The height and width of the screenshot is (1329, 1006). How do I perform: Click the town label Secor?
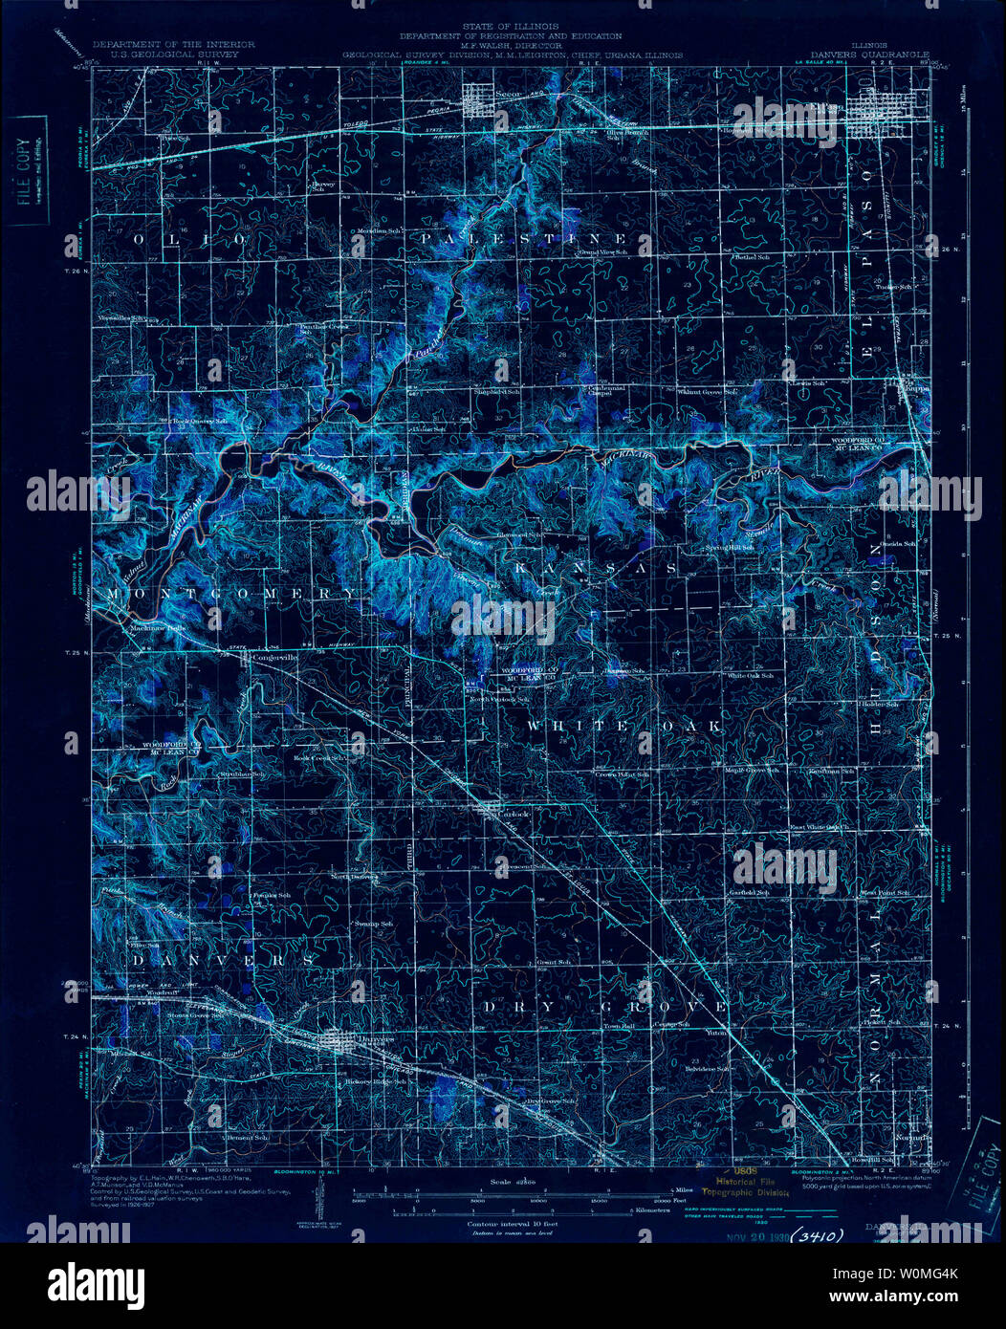tap(508, 94)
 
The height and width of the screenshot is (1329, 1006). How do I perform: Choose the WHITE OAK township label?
tap(623, 727)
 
